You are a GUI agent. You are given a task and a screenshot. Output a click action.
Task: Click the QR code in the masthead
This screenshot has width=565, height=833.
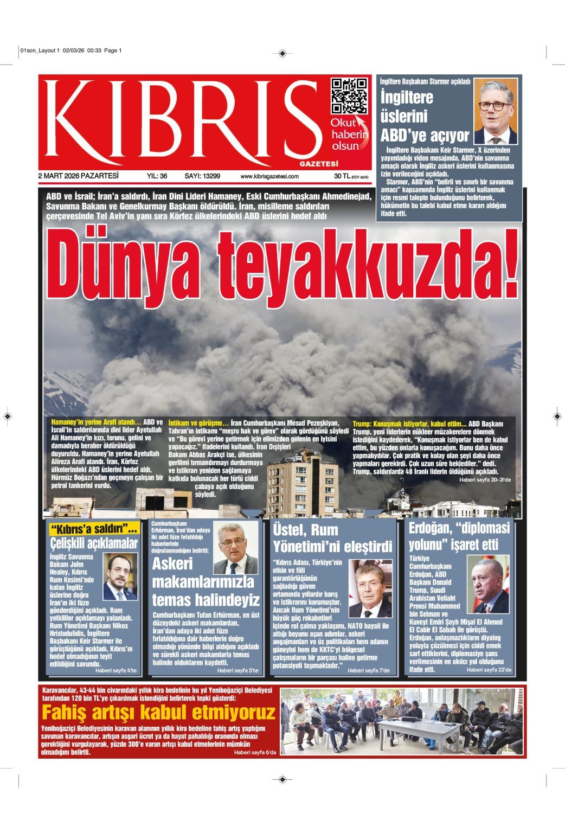pos(348,96)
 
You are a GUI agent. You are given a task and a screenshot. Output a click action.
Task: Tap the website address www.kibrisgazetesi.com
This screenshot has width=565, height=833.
pos(269,177)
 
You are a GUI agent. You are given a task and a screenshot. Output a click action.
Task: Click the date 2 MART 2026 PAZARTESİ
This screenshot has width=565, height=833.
pos(78,176)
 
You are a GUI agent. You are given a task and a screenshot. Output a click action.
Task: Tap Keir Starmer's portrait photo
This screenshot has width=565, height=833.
pos(496,111)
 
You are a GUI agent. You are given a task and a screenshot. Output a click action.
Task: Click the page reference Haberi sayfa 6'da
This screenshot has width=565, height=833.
pos(255,753)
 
